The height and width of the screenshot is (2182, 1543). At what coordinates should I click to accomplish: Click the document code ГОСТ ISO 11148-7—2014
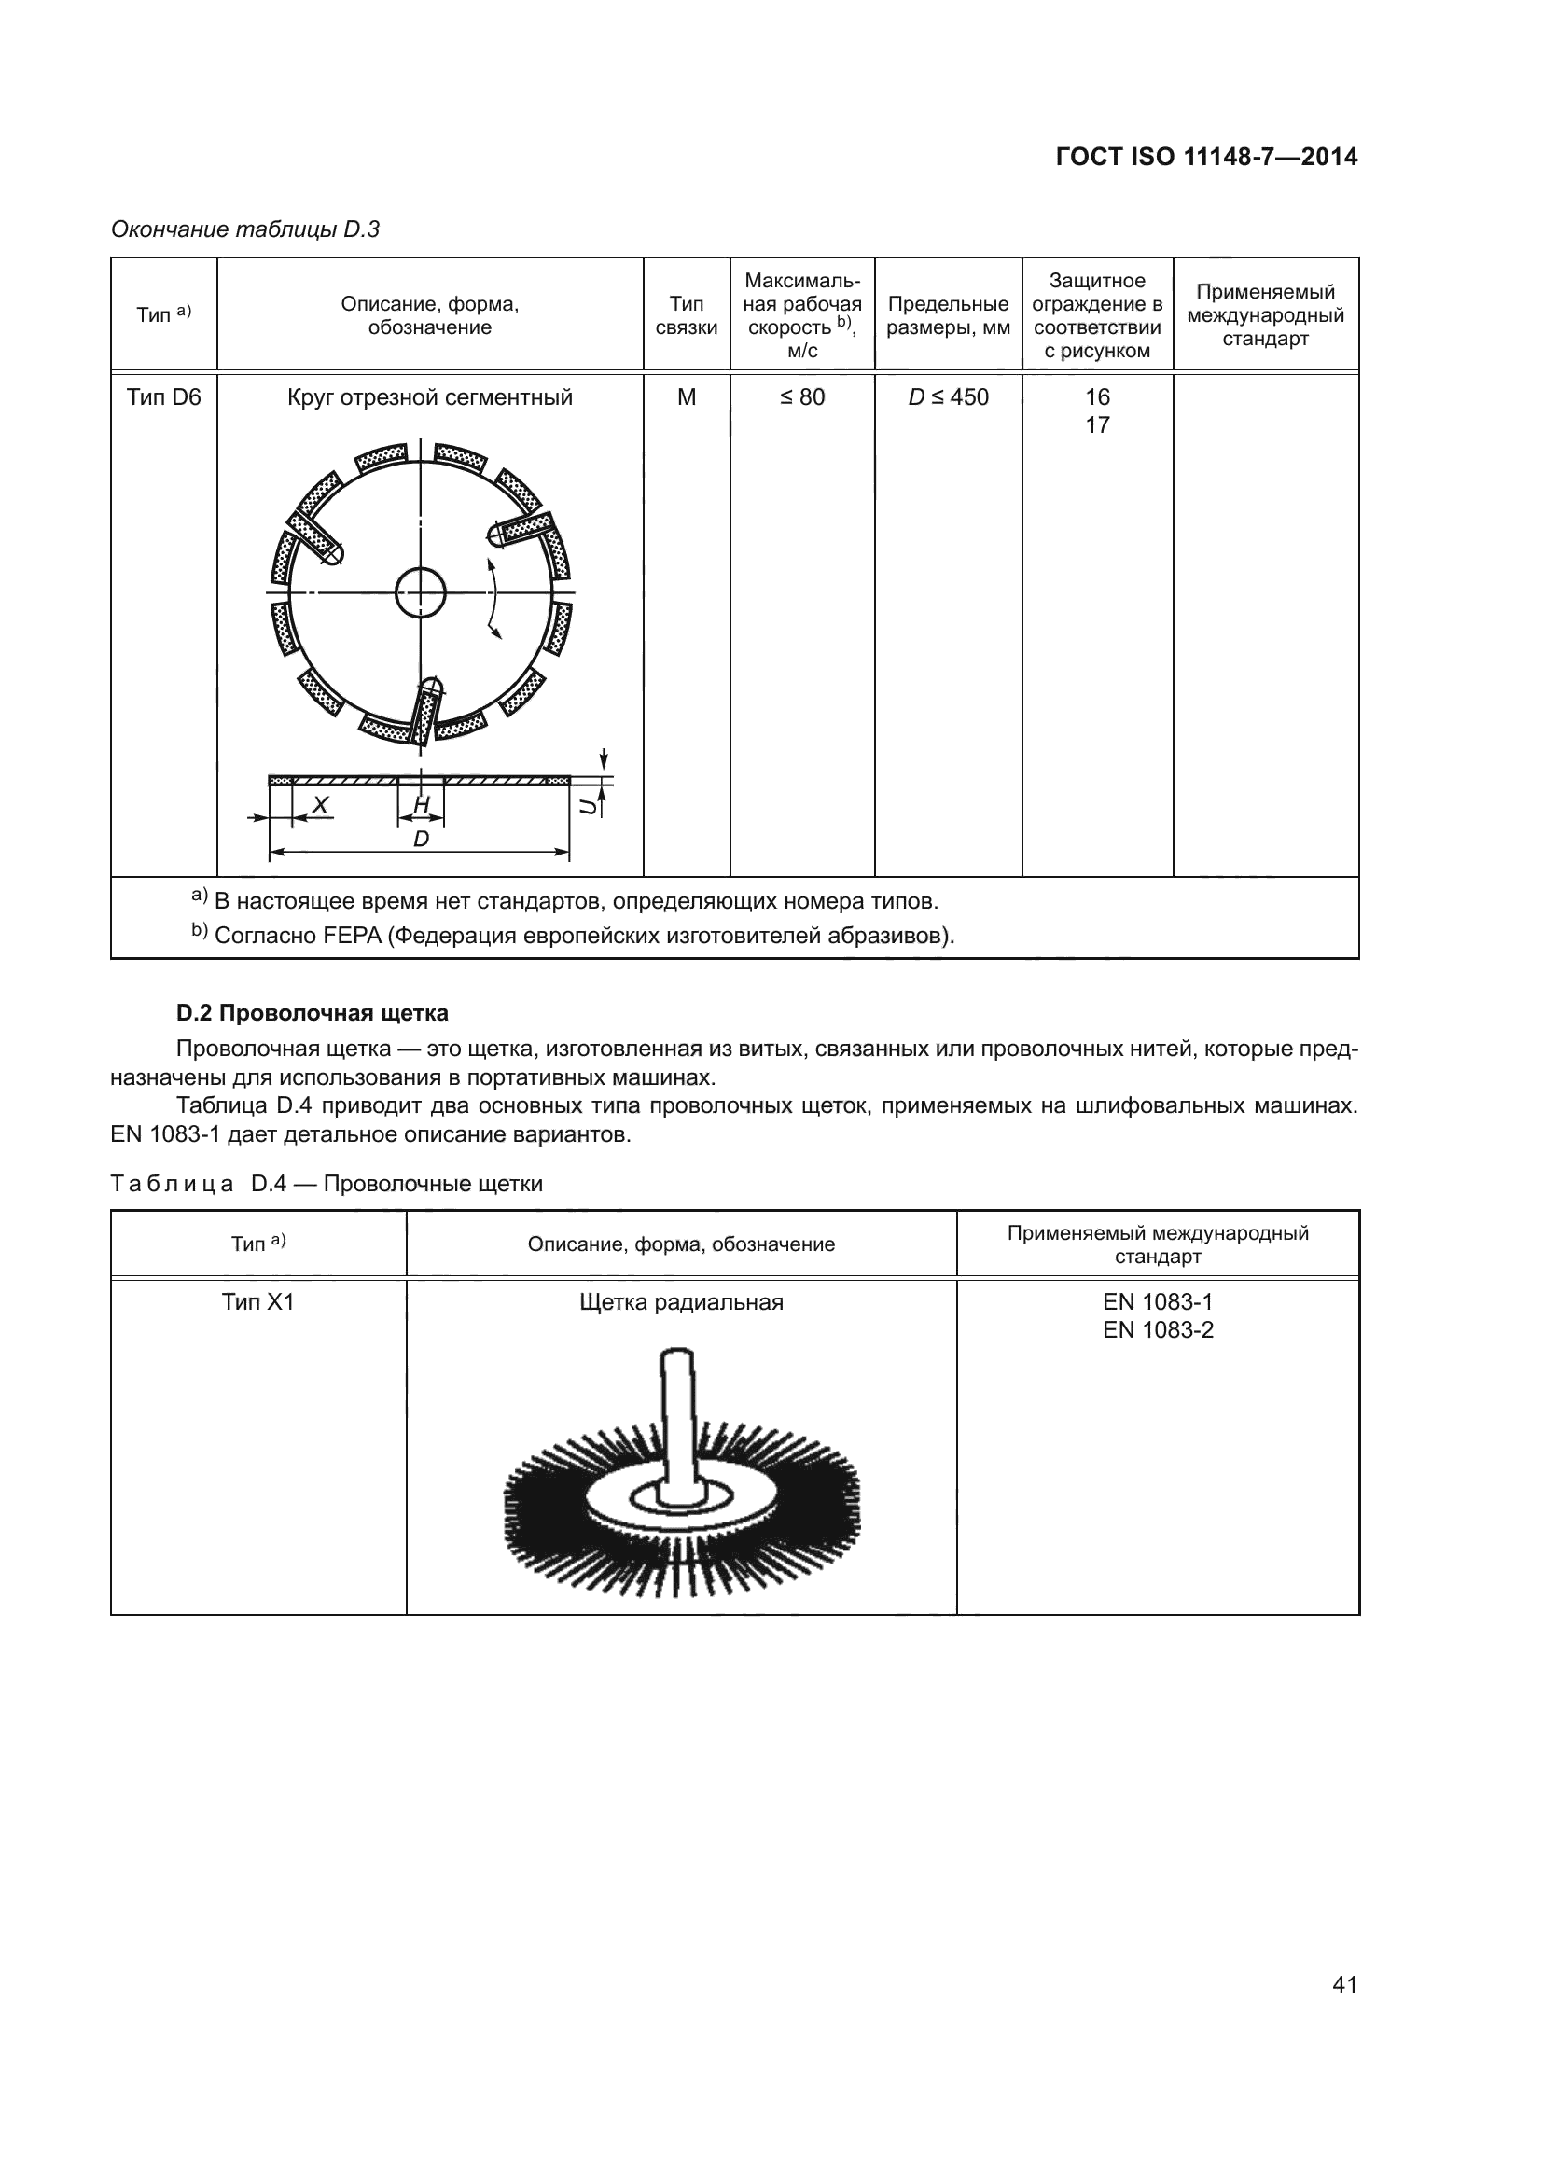[1205, 157]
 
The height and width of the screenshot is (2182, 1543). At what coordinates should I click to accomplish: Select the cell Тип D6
[163, 397]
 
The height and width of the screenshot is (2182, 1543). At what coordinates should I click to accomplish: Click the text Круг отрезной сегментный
[429, 397]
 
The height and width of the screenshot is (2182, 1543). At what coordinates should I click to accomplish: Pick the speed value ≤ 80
[802, 397]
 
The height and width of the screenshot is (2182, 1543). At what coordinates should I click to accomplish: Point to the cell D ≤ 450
[947, 397]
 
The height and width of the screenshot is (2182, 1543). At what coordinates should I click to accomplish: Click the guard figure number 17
[1097, 425]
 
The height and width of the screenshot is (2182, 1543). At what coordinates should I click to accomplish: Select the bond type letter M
[686, 397]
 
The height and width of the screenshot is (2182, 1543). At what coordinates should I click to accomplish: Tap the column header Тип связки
[686, 315]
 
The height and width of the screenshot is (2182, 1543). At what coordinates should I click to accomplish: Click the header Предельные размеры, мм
[947, 315]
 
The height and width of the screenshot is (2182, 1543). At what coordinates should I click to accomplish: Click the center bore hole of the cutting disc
[420, 593]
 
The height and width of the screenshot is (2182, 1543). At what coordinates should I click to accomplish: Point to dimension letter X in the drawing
[320, 805]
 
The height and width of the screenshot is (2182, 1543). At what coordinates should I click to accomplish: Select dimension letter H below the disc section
[421, 805]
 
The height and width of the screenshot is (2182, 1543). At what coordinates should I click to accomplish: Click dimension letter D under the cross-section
[421, 840]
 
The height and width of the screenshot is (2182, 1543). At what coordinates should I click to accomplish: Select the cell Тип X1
[257, 1302]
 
